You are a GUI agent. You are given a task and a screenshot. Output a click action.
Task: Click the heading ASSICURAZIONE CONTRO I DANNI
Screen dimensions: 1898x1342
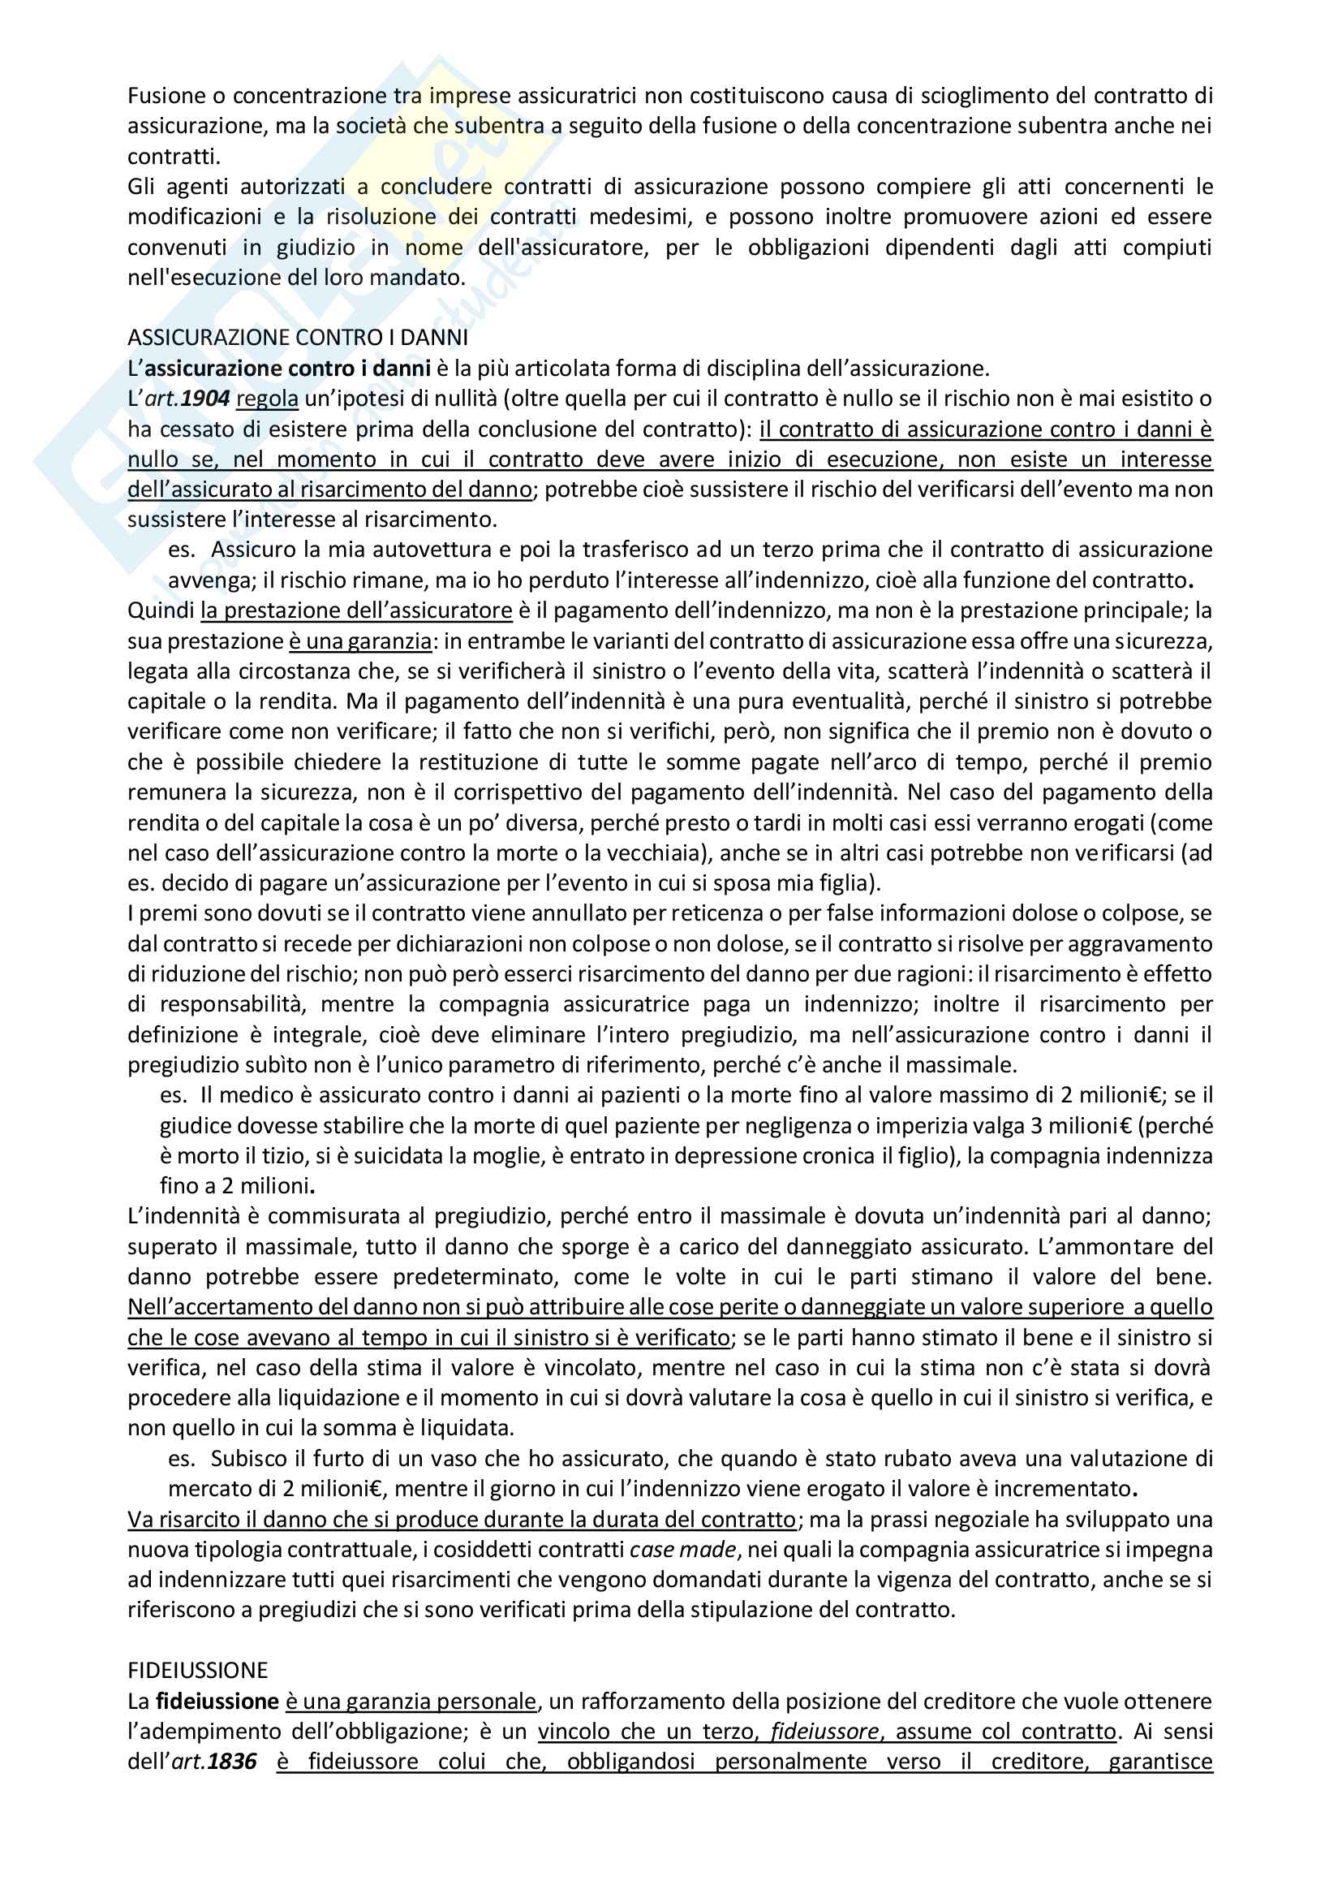pos(298,337)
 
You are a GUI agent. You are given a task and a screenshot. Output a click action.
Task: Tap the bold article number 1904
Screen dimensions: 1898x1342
pos(205,399)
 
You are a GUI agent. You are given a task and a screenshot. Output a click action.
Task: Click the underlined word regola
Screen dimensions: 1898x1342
pos(267,399)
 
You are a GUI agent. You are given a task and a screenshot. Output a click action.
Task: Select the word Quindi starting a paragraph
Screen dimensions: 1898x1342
pos(161,611)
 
